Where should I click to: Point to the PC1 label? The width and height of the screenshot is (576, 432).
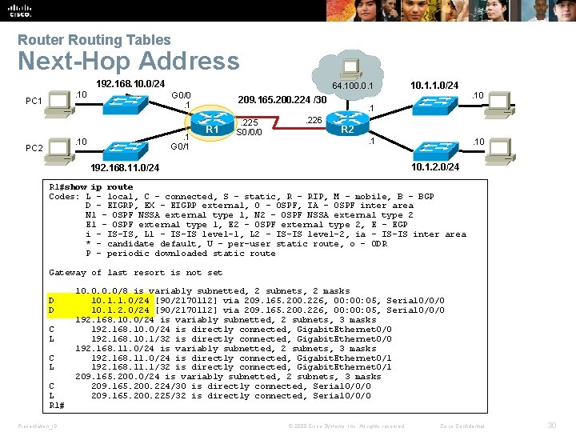[34, 102]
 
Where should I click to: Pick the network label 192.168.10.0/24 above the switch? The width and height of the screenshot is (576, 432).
[130, 84]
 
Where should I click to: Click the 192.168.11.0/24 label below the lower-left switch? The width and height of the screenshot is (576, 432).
[124, 168]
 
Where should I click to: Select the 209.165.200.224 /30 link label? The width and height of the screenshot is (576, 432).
[282, 101]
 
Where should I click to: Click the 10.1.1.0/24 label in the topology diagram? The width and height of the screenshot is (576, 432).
[434, 85]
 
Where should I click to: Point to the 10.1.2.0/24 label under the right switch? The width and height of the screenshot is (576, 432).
[434, 167]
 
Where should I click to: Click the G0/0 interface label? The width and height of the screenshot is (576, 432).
[182, 94]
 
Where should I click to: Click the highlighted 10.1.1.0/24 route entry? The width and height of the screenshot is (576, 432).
[120, 301]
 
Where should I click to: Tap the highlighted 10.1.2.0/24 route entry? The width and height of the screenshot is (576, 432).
[120, 310]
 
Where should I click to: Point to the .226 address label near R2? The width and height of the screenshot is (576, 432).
[314, 121]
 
